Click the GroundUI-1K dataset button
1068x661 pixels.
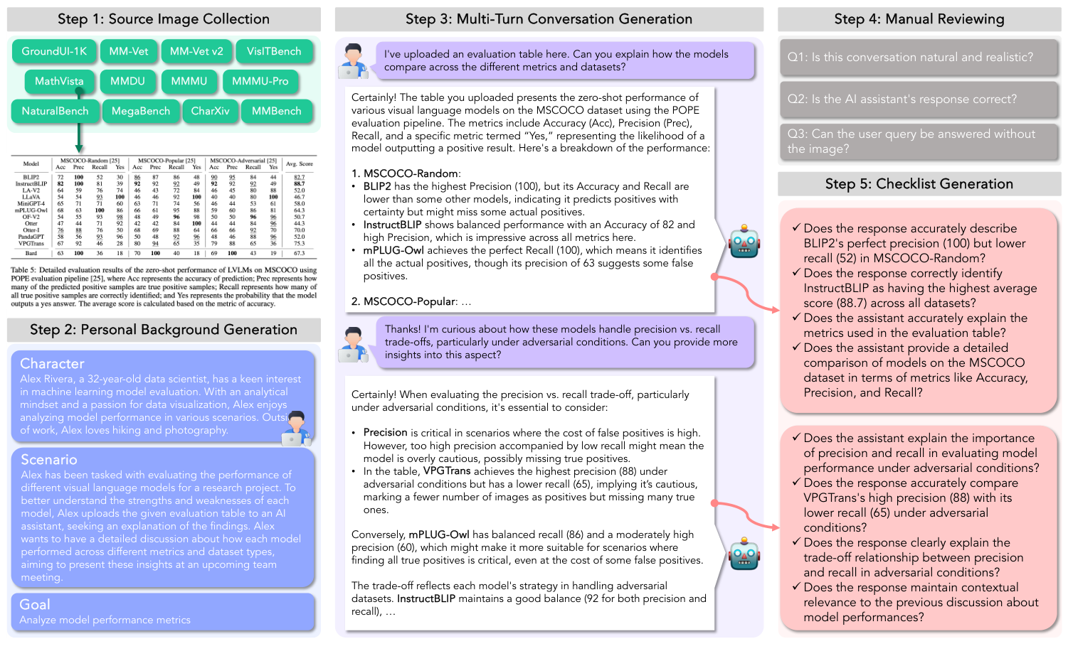(x=54, y=52)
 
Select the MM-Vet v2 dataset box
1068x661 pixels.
(x=196, y=52)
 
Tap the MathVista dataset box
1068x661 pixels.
(x=59, y=82)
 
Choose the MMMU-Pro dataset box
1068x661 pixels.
(x=260, y=82)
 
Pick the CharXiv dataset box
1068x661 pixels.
(x=210, y=112)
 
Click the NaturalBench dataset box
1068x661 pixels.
(x=55, y=112)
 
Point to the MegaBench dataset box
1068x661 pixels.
(x=141, y=112)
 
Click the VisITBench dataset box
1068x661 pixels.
(x=274, y=52)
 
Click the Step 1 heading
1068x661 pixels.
(x=164, y=19)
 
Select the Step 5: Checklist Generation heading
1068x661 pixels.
(x=919, y=184)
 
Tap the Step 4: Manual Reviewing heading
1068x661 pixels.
(x=919, y=19)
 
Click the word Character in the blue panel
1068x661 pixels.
(x=52, y=364)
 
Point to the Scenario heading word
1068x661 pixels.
(x=48, y=460)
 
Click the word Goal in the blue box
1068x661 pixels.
(x=35, y=605)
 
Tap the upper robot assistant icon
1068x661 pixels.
(x=744, y=242)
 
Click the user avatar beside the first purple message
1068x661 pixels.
(x=353, y=60)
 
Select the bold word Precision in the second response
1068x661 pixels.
(x=385, y=433)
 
